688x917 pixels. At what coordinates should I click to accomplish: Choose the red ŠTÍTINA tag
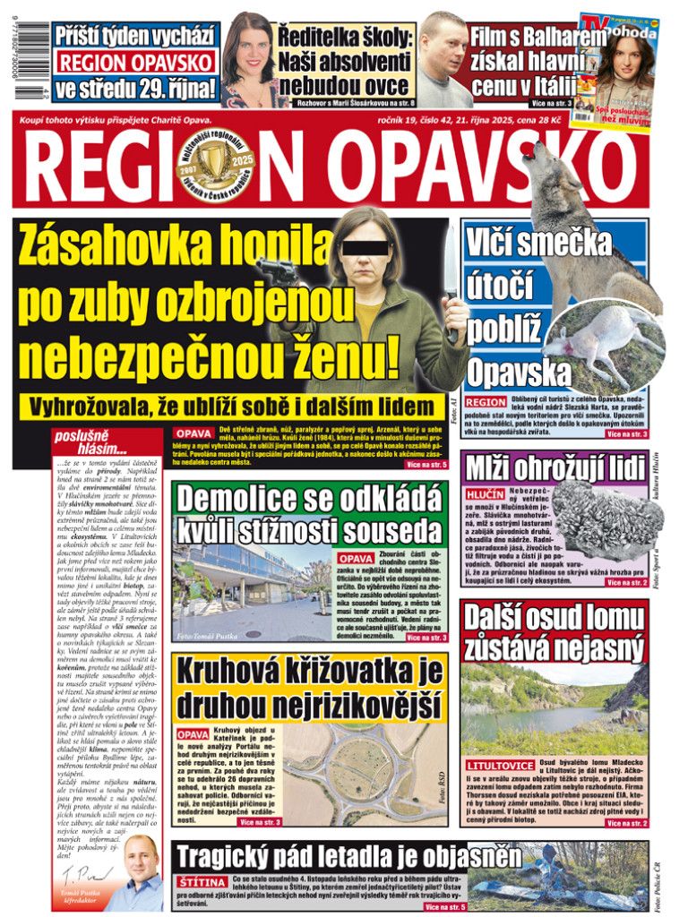202,883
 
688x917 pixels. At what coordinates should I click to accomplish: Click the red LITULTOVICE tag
500,767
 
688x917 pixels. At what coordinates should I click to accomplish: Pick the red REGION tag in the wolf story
486,403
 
